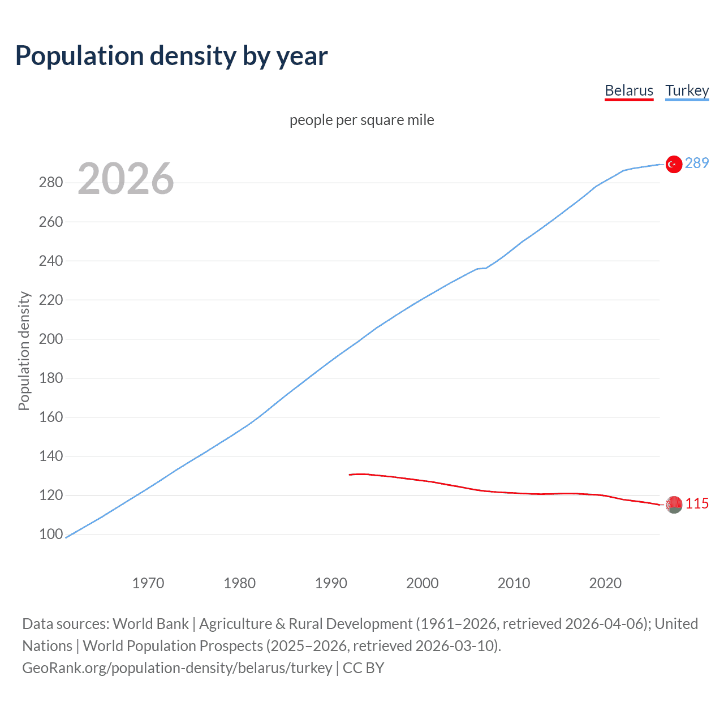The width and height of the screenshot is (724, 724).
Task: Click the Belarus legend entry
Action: pos(629,90)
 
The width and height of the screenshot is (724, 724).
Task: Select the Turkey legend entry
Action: pos(687,90)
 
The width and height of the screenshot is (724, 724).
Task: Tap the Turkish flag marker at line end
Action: pos(673,164)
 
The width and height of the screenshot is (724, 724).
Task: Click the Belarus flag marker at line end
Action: pos(673,504)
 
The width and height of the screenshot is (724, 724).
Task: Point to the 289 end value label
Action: pos(696,163)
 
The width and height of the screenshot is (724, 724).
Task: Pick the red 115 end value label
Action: pos(696,503)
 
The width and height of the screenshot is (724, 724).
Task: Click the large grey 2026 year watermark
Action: pos(126,179)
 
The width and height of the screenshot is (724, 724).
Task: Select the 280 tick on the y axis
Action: pos(51,183)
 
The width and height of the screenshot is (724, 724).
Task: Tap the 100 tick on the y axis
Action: pos(51,534)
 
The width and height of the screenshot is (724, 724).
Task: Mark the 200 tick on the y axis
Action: pos(51,339)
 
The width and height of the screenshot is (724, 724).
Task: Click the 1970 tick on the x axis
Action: pos(148,583)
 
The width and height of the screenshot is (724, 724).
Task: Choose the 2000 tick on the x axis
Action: pos(423,583)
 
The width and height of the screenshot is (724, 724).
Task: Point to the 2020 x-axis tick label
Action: pos(605,583)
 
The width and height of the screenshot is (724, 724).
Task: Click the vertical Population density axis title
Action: pos(24,351)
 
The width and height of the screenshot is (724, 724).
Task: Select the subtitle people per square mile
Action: pos(362,120)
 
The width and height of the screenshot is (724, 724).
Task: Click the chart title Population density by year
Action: pos(171,56)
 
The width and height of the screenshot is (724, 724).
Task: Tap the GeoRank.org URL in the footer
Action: pos(177,668)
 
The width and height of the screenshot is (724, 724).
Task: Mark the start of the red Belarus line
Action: pos(350,475)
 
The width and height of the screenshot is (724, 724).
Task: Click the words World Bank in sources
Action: pos(150,624)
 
